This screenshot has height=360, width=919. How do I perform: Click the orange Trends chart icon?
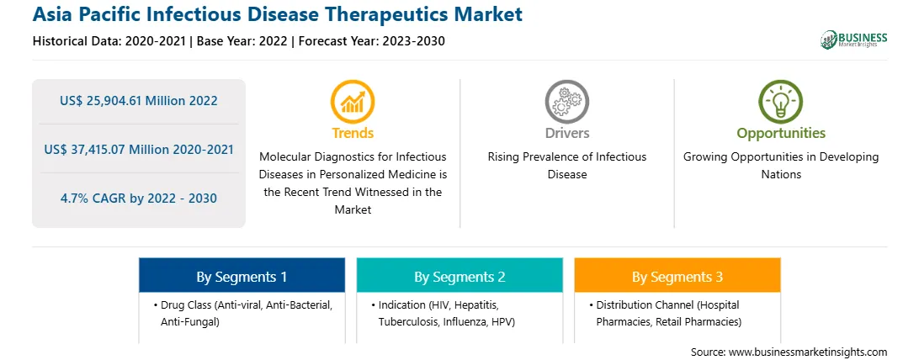353,102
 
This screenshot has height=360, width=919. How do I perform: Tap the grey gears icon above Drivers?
566,102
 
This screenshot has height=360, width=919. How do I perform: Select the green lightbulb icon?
781,102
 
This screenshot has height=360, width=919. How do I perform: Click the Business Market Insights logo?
854,40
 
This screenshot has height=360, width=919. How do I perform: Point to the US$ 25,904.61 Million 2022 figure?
138,101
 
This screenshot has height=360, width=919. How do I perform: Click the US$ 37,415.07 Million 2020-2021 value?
138,149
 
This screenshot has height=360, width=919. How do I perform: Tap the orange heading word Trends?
353,134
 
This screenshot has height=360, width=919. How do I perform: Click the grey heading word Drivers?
566,134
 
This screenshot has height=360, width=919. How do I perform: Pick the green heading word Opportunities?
781,134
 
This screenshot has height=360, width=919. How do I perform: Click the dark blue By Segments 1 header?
242,276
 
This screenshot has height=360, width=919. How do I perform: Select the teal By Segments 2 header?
459,276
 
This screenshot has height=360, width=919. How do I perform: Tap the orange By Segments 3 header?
677,276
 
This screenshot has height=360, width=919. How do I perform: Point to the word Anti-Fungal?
190,322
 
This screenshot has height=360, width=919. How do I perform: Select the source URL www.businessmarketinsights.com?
808,352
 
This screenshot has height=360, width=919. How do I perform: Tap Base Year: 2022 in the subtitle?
242,41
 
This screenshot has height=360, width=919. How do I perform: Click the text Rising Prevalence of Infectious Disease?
566,166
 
